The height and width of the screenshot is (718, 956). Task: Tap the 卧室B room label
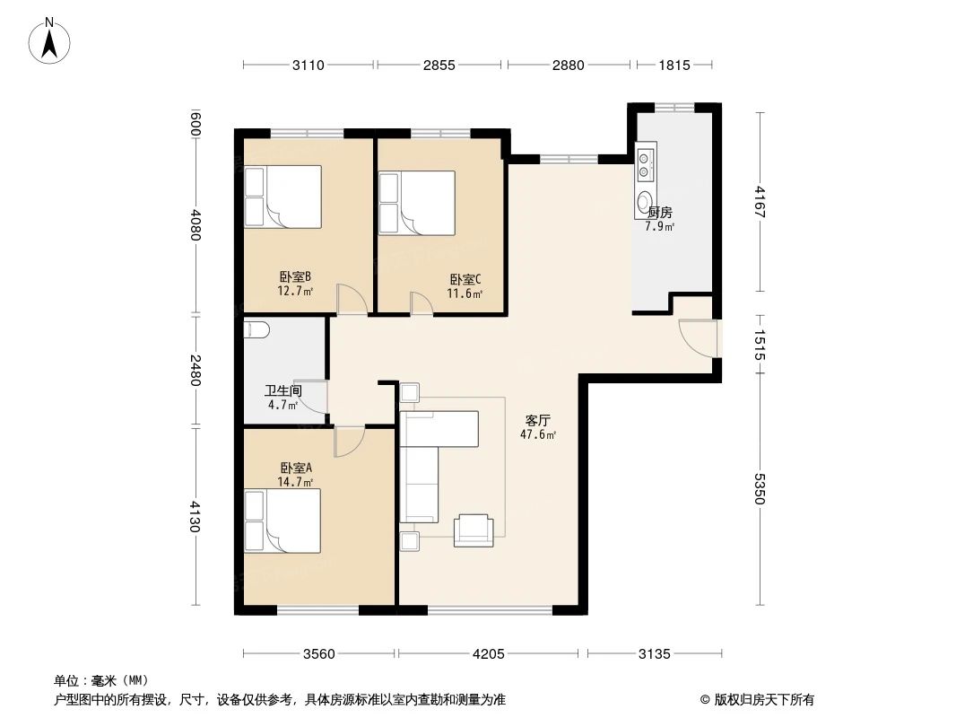point(295,277)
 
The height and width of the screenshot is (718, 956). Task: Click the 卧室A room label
point(296,468)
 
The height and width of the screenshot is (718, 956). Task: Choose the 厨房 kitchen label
point(660,213)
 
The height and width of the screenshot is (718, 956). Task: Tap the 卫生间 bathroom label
point(282,391)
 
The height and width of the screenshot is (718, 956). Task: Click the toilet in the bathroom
point(256,330)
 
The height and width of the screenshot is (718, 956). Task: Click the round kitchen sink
point(645,200)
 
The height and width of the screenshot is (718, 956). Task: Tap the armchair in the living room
point(474,530)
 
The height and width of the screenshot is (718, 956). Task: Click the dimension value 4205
point(489,653)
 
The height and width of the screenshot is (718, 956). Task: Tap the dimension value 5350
point(760,488)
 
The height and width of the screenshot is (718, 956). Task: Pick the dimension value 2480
point(196,369)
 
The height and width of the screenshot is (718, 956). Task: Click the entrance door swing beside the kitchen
point(698,336)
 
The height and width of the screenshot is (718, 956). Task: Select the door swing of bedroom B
point(351,298)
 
